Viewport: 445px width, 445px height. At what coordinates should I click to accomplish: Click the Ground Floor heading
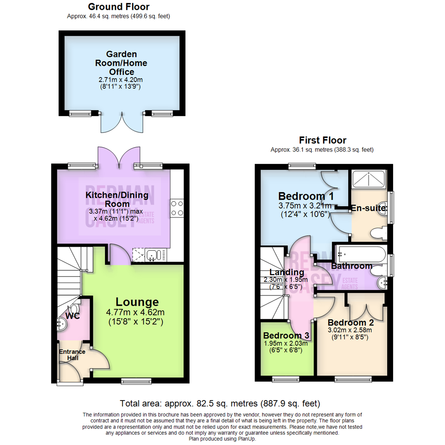click(x=119, y=7)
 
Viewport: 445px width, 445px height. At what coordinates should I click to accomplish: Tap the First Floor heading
click(x=322, y=140)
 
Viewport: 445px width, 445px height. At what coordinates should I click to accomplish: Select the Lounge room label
click(x=137, y=302)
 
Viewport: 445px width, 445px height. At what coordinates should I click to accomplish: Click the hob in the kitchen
click(x=177, y=208)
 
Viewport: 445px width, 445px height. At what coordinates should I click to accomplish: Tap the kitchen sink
click(x=153, y=255)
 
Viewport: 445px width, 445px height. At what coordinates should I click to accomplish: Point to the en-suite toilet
click(x=378, y=233)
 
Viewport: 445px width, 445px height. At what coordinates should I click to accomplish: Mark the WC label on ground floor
click(x=72, y=316)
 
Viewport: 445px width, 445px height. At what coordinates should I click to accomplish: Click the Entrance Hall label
click(x=72, y=355)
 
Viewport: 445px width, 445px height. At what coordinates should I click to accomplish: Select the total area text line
click(x=220, y=403)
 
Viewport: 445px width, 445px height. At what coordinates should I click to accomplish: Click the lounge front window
click(x=136, y=381)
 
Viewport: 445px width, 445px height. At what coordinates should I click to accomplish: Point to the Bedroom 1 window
click(x=302, y=166)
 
